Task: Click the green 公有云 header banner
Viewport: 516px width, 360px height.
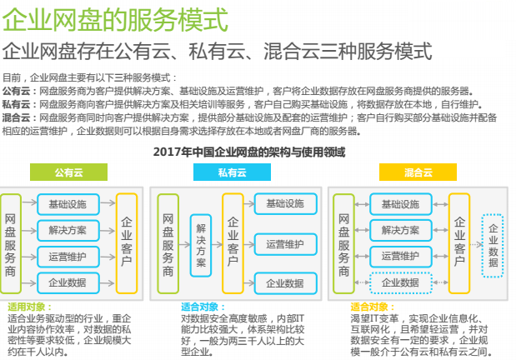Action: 68,172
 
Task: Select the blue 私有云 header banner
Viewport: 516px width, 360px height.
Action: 232,172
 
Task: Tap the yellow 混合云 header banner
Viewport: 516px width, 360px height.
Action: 418,172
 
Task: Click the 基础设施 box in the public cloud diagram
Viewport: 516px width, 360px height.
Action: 68,204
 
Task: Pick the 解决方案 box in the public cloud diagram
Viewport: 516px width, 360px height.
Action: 68,230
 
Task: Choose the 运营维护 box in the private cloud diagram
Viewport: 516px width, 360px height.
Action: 286,244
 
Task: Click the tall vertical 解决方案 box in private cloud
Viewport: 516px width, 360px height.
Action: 201,245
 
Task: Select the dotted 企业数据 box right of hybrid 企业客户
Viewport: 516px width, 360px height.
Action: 493,246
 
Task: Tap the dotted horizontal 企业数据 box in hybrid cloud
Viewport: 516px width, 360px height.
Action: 400,282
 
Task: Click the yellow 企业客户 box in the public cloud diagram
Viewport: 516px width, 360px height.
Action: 127,243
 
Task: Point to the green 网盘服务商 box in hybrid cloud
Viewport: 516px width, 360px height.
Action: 343,243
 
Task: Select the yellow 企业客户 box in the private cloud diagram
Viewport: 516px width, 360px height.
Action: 233,243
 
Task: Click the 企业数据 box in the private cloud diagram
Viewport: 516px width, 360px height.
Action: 286,283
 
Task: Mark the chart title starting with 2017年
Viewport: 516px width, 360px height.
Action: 249,152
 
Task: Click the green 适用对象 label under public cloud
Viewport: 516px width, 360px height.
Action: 30,307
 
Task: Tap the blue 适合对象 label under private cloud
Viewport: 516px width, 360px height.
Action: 203,307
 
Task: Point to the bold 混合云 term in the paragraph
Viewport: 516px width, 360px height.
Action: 16,117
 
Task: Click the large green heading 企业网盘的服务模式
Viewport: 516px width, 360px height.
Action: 115,20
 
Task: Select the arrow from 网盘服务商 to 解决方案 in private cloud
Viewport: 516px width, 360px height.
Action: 184,244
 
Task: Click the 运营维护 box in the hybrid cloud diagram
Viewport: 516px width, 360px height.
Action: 400,257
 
